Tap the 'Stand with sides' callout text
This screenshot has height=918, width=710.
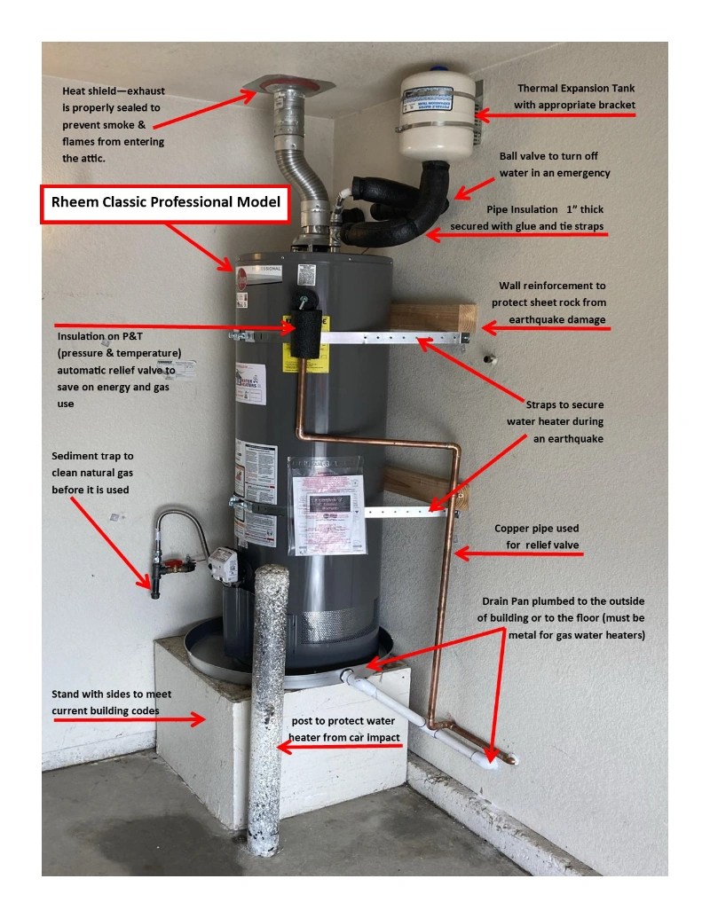pos(111,702)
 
